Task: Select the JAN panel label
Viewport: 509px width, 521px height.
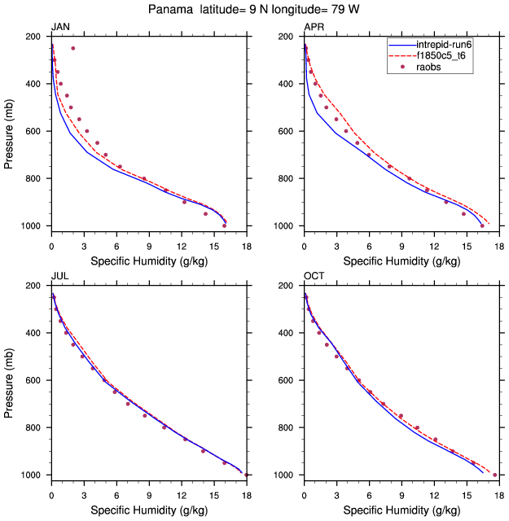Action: tap(61, 27)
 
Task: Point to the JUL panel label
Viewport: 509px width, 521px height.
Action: tap(60, 276)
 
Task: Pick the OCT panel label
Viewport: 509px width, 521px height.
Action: tap(314, 276)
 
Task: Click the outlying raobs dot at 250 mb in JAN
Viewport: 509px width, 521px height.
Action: tap(72, 48)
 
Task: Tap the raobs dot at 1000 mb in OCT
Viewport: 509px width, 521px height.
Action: tap(495, 475)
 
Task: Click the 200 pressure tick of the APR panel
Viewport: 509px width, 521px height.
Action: tap(290, 37)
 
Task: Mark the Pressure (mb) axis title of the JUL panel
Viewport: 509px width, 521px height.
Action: tap(9, 380)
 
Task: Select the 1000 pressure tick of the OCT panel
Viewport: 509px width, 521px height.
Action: tap(287, 475)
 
